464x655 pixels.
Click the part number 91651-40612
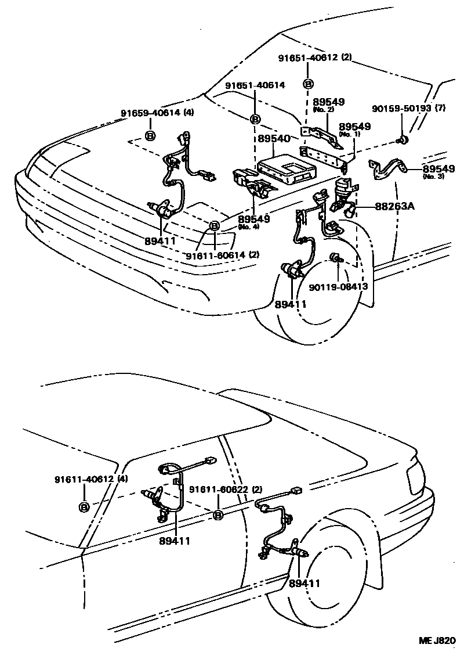pos(311,58)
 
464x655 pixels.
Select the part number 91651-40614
pos(255,85)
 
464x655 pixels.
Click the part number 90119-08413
pos(338,286)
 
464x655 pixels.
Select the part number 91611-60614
pos(215,255)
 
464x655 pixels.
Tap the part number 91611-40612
pos(84,480)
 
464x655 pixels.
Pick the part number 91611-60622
pos(219,489)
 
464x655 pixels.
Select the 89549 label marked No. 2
pos(328,103)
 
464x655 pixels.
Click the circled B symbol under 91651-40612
pos(308,84)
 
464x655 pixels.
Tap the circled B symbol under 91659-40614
pos(150,136)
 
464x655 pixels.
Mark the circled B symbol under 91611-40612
pos(84,507)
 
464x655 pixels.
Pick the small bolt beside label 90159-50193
pos(402,139)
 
